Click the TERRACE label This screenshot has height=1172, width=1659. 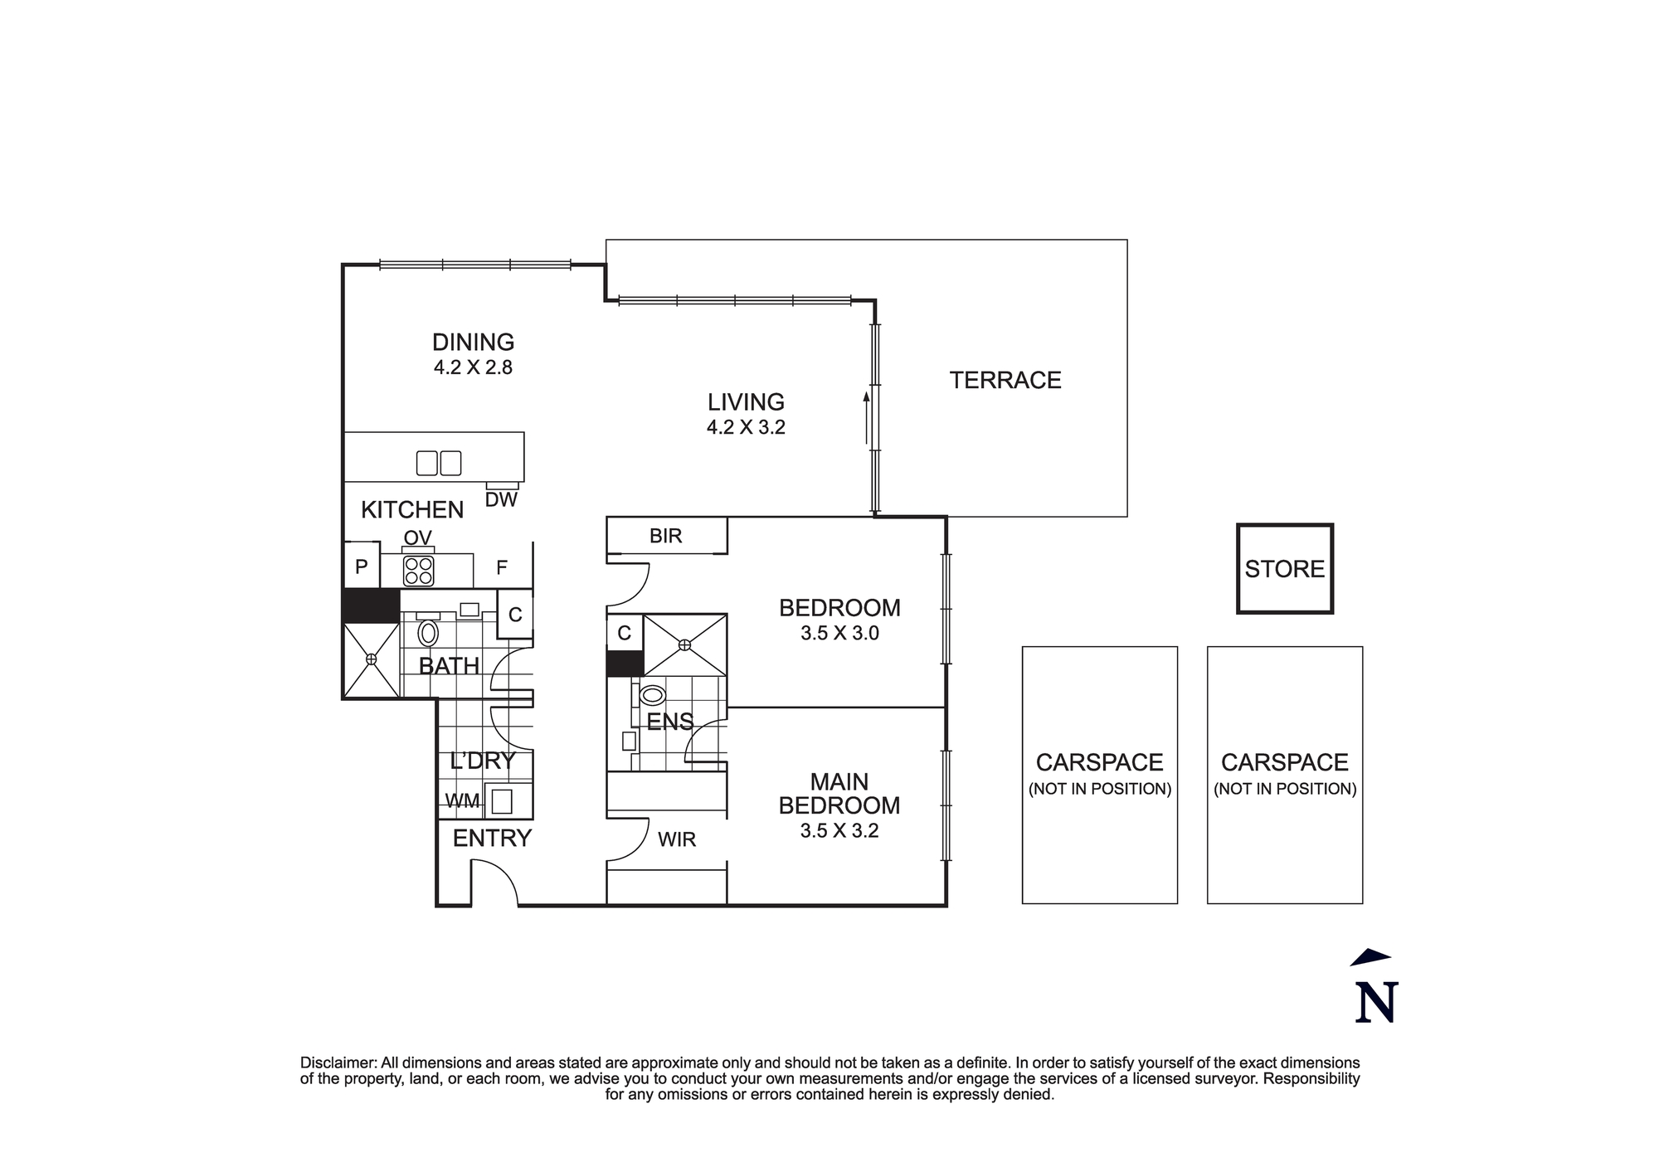point(1005,380)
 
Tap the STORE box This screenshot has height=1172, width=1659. point(1284,569)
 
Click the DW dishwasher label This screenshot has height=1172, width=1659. point(500,500)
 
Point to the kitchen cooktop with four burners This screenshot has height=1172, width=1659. point(418,571)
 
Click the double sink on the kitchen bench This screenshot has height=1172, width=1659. point(439,463)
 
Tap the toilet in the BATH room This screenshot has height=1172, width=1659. point(428,633)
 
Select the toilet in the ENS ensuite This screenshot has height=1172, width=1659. point(653,695)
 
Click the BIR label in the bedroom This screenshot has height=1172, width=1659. point(665,536)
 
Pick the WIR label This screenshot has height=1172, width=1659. point(676,839)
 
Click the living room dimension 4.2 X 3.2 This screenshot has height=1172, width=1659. point(746,428)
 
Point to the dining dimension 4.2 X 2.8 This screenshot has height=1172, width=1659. point(473,367)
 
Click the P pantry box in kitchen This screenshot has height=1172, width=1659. point(362,567)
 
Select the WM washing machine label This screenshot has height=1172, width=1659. point(462,801)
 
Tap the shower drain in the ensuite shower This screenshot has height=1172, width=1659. point(685,644)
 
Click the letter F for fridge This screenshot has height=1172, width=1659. point(501,568)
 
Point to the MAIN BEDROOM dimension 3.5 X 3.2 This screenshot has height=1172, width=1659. point(839,831)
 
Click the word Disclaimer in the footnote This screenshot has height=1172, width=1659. point(338,1063)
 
